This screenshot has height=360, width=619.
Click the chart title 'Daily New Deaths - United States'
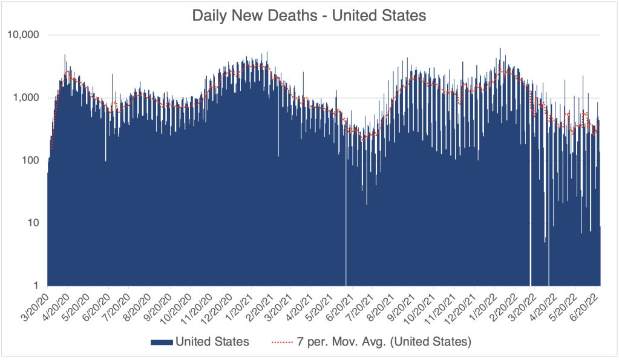click(x=309, y=15)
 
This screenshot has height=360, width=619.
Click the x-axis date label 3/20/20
click(x=36, y=306)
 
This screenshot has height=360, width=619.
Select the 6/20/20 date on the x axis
click(x=96, y=306)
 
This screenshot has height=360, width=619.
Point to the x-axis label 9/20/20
click(x=157, y=306)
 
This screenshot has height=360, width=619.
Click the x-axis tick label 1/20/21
click(x=238, y=306)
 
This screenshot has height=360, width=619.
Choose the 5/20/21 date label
click(x=319, y=306)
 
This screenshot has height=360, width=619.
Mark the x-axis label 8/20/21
click(x=379, y=306)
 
